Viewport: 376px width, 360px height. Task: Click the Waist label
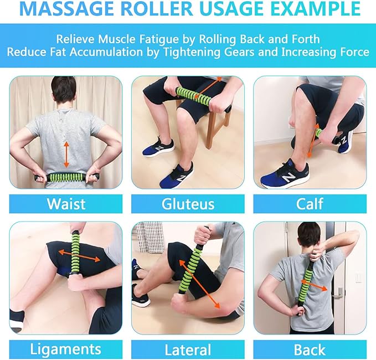66,203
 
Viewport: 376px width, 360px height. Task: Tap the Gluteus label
188,203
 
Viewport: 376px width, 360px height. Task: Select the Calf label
310,203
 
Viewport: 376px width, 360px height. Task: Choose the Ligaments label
66,349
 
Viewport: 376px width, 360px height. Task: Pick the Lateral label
188,349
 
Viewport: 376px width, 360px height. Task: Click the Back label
310,349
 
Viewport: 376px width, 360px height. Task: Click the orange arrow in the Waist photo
66,154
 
